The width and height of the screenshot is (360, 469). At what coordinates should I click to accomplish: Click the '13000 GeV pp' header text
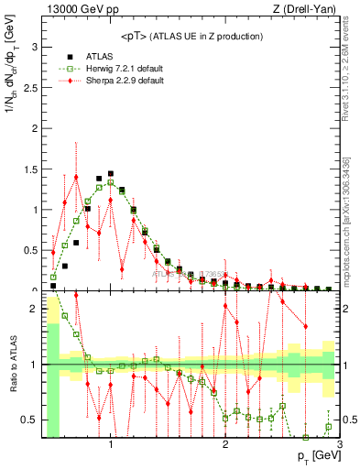[x=74, y=10]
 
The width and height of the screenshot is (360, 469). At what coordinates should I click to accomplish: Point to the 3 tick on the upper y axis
[x=34, y=46]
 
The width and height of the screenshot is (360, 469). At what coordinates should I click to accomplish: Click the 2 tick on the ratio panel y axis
[x=34, y=309]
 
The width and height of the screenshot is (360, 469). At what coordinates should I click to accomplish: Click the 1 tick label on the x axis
[x=111, y=446]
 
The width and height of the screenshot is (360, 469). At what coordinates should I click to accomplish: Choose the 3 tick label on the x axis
[x=339, y=446]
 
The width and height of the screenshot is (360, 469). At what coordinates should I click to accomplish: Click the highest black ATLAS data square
[x=111, y=173]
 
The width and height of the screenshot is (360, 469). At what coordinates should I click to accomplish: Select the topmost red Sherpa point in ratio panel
[x=76, y=296]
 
